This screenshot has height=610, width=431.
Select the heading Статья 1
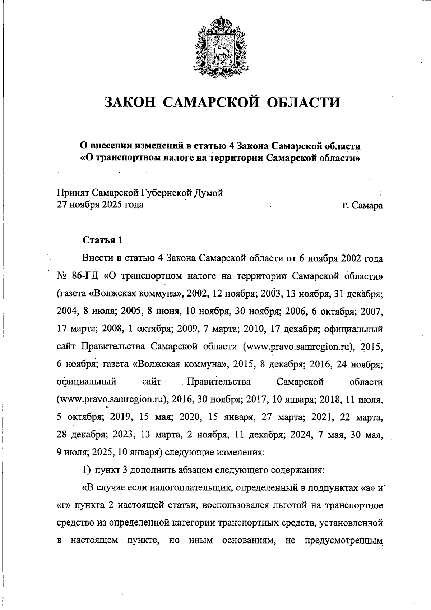pos(103,240)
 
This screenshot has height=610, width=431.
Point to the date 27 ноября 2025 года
pos(100,205)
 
